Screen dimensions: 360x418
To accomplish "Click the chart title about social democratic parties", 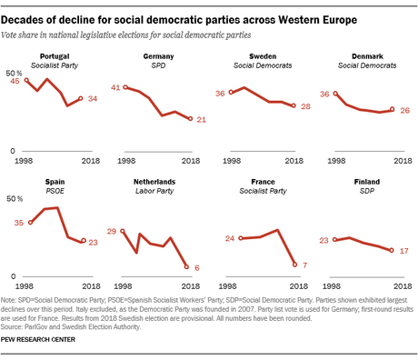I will click(x=179, y=18).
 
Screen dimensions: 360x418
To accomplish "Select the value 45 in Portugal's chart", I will click(x=15, y=81).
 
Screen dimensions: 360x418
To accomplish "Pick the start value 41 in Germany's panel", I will click(x=115, y=87).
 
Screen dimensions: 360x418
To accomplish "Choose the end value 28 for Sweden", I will click(x=304, y=106).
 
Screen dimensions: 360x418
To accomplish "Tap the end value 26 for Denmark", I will click(x=403, y=110).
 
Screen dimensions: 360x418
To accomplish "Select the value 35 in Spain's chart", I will click(x=19, y=222).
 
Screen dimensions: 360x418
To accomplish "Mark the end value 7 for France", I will click(x=304, y=265).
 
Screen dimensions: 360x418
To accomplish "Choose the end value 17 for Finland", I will click(x=403, y=250).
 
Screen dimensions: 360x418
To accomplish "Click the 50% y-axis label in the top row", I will click(x=12, y=72).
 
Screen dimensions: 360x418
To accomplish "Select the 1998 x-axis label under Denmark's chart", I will click(x=335, y=160).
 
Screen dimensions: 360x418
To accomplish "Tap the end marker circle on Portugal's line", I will click(x=81, y=98).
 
